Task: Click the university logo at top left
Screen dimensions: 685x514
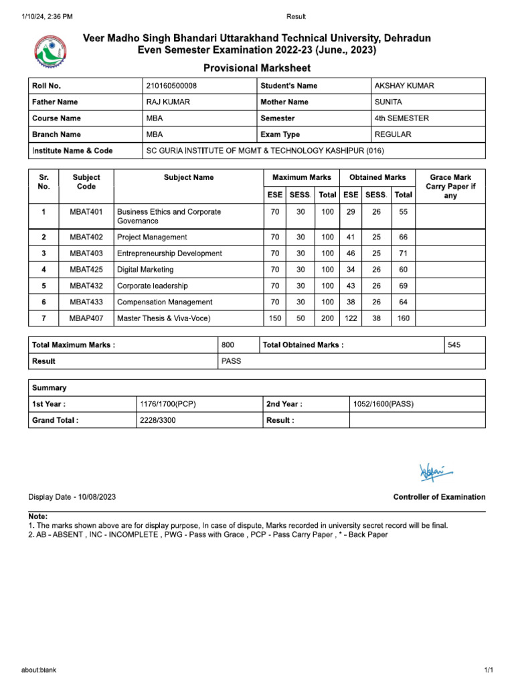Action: tap(51, 53)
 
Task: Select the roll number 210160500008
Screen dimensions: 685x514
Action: tap(171, 86)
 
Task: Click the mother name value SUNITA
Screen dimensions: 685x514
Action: tap(389, 102)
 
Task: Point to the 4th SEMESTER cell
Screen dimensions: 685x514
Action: tap(402, 118)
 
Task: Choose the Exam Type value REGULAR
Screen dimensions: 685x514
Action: tap(393, 134)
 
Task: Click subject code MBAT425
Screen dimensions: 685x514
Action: tap(86, 270)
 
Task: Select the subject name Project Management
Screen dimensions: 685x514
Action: tap(152, 237)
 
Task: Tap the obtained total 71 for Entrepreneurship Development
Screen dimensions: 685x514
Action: tap(403, 254)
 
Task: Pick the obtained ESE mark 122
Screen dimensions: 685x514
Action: tap(351, 318)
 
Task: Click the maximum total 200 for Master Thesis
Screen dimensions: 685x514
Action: tap(327, 318)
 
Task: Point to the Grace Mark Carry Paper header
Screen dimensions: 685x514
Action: tap(450, 187)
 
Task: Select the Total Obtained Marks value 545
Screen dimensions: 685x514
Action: tap(454, 345)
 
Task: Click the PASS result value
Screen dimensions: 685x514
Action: tap(231, 361)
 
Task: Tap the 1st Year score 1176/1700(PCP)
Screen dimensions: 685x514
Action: tap(167, 404)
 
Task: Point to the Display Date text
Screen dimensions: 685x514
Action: tap(72, 497)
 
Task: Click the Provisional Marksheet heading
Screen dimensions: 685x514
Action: tap(257, 68)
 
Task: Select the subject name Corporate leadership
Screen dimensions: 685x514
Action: tap(153, 286)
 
